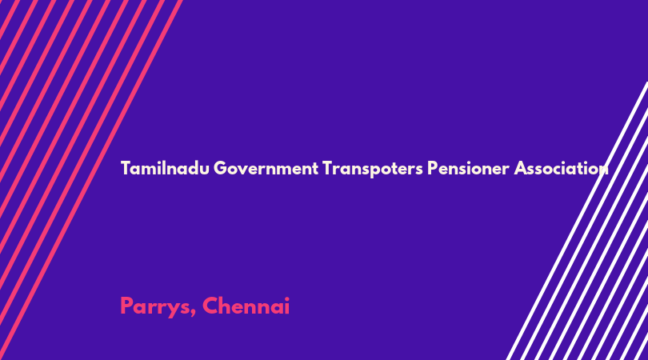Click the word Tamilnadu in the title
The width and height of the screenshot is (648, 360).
pyautogui.click(x=165, y=168)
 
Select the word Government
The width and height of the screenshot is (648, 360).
pyautogui.click(x=266, y=169)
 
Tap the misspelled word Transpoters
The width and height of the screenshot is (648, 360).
pyautogui.click(x=373, y=169)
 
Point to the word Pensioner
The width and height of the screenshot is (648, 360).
pyautogui.click(x=468, y=168)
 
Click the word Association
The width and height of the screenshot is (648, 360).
pyautogui.click(x=561, y=168)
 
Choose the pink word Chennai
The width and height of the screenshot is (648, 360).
pyautogui.click(x=246, y=306)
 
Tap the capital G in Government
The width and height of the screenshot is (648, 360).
pyautogui.click(x=221, y=168)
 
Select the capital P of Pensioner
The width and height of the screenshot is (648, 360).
pyautogui.click(x=432, y=168)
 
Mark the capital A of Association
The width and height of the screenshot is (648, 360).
pyautogui.click(x=521, y=168)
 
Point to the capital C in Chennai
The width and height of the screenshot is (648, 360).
pyautogui.click(x=211, y=306)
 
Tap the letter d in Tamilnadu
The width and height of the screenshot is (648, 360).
pyautogui.click(x=194, y=168)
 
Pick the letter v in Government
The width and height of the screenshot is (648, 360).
pyautogui.click(x=246, y=170)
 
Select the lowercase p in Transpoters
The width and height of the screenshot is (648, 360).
pyautogui.click(x=372, y=171)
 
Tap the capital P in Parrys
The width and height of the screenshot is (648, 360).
pyautogui.click(x=127, y=306)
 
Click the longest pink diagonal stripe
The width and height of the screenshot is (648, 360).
pyautogui.click(x=90, y=180)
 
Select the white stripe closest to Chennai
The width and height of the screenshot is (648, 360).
pyautogui.click(x=577, y=221)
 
